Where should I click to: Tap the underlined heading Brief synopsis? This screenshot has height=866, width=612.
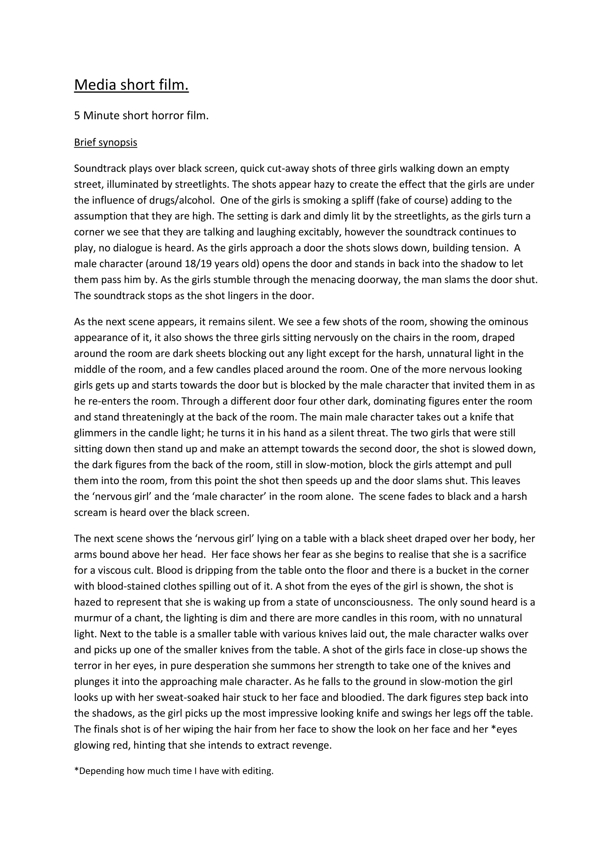tap(105, 143)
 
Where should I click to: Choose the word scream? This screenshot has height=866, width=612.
tap(91, 513)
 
